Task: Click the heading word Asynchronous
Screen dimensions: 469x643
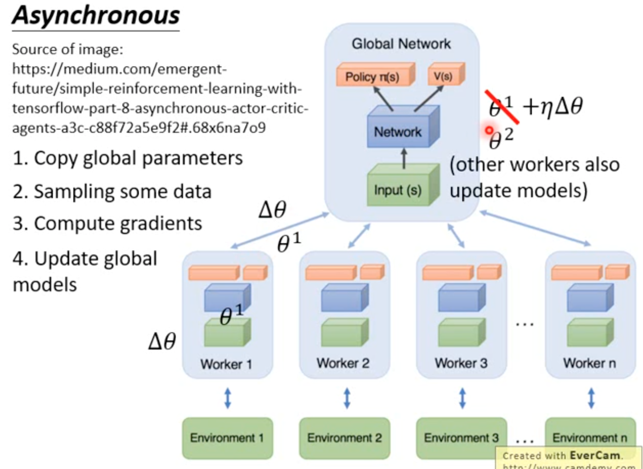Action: (96, 16)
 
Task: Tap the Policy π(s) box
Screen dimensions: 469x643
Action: (373, 76)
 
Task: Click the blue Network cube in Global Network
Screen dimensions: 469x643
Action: (398, 131)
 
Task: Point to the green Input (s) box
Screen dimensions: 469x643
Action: (398, 190)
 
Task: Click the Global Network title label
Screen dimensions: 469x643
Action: (401, 44)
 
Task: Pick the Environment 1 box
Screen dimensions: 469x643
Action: (227, 438)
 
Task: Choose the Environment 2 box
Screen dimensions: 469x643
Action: (345, 438)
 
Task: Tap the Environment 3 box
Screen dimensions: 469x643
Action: (461, 438)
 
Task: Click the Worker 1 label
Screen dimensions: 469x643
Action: (226, 364)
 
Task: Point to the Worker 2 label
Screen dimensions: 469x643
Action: (343, 363)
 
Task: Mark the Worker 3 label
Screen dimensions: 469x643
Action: (461, 363)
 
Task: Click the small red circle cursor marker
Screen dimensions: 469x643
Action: (489, 130)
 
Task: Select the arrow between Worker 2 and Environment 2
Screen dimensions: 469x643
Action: (347, 398)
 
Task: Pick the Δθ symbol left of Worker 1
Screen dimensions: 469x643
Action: (162, 341)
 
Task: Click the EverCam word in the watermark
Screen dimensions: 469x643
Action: (595, 455)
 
